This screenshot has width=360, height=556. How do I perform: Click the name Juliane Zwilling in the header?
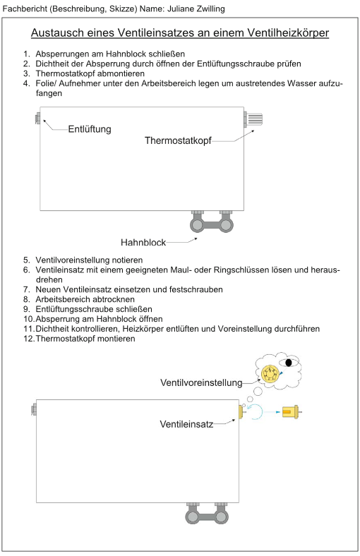click(196, 8)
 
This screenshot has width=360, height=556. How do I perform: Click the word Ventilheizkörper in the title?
click(288, 33)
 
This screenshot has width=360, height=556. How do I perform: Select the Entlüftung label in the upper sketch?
click(90, 129)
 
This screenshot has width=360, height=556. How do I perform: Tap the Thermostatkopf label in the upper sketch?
click(178, 141)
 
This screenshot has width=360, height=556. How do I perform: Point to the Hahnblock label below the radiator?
click(143, 243)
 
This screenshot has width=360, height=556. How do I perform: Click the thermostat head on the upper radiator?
click(254, 119)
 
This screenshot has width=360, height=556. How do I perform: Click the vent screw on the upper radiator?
click(37, 118)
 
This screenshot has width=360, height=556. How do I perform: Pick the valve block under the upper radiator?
click(212, 222)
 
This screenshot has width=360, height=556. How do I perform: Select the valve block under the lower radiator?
click(207, 513)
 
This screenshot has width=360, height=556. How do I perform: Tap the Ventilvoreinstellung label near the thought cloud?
click(201, 383)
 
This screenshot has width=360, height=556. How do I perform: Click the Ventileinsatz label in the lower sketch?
click(186, 424)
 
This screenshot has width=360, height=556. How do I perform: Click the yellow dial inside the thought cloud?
click(269, 373)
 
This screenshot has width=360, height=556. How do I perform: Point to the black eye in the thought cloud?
click(289, 363)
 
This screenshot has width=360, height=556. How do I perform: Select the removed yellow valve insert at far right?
click(292, 412)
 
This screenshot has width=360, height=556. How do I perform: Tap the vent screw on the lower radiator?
click(34, 409)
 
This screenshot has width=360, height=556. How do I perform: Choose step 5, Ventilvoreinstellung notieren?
click(83, 260)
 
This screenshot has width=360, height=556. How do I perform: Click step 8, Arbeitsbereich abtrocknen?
click(79, 299)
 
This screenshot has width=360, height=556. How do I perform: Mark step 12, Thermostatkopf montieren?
click(80, 339)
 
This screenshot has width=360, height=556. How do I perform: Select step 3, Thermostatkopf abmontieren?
click(84, 74)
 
